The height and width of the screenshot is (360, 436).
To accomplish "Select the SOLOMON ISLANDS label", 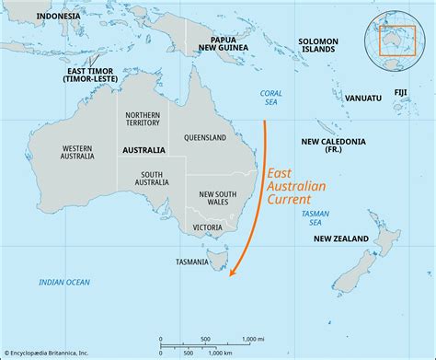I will click(318, 46).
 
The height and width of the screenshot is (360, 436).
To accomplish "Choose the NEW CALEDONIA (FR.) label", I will click(333, 146).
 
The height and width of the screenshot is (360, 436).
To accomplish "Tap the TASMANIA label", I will click(190, 262).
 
